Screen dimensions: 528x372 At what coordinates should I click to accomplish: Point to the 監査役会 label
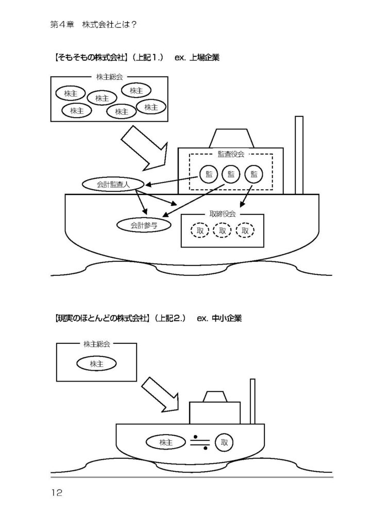[231, 154]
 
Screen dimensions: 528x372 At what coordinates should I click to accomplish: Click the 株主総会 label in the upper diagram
[109, 77]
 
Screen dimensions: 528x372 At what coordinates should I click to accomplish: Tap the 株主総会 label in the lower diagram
[96, 343]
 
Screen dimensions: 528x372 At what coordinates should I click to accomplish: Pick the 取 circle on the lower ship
[224, 442]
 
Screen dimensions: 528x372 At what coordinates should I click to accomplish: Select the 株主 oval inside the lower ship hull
[166, 442]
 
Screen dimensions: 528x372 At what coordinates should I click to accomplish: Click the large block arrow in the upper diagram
[144, 149]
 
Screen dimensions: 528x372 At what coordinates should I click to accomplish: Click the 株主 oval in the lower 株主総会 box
[96, 364]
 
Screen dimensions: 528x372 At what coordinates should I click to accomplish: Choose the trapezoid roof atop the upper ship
[232, 138]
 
